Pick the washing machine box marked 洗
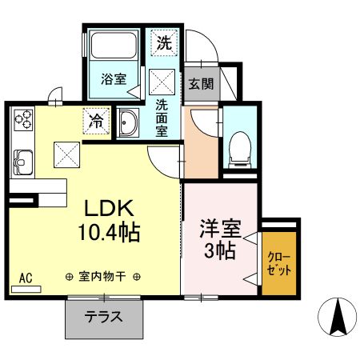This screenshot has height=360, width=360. click(163, 43)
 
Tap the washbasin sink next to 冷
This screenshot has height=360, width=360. click(129, 122)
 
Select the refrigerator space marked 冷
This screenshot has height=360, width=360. click(95, 122)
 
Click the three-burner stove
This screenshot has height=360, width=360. click(22, 120)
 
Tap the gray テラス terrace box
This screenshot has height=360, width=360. click(103, 316)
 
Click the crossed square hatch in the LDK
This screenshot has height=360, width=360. click(65, 152)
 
